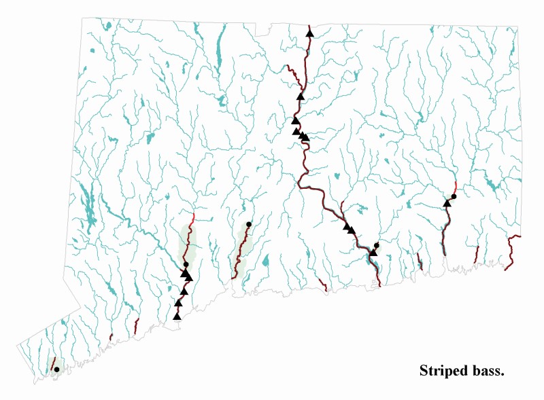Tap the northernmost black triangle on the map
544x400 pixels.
[309, 33]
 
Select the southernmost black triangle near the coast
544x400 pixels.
[177, 316]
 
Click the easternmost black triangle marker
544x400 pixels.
[447, 202]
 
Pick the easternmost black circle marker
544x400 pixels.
[454, 196]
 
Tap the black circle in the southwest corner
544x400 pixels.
[56, 369]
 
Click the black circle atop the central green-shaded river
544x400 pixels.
[249, 224]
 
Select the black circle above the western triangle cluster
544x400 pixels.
[186, 264]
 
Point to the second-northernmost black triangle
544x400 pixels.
[300, 96]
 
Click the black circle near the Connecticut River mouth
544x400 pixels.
[377, 245]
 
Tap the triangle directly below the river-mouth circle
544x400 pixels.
[373, 253]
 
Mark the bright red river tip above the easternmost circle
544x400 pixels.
[455, 185]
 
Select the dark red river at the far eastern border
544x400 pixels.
[511, 248]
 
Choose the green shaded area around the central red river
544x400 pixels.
[241, 251]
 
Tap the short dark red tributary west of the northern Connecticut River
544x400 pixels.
[292, 73]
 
